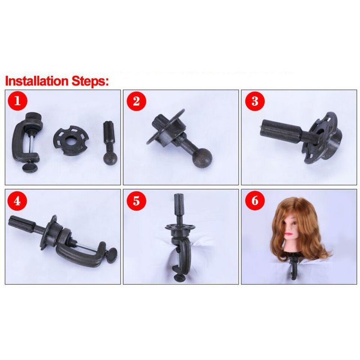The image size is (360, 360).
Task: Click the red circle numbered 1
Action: [x=18, y=101]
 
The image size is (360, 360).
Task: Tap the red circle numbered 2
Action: [x=136, y=101]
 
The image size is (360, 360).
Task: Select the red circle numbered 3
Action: [x=255, y=101]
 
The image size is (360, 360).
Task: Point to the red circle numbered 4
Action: [x=17, y=201]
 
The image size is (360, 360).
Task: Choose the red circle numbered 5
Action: [x=136, y=201]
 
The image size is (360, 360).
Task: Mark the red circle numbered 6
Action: [x=255, y=201]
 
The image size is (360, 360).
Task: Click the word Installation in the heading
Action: [x=37, y=81]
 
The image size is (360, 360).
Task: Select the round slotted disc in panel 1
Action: [x=71, y=141]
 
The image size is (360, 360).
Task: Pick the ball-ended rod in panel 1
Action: [x=110, y=143]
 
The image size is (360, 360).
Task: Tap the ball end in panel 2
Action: [x=202, y=158]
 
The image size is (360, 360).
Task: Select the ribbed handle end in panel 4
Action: [x=22, y=223]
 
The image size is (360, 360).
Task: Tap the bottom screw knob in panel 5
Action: [x=179, y=278]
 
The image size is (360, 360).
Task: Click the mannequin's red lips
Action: [x=288, y=234]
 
